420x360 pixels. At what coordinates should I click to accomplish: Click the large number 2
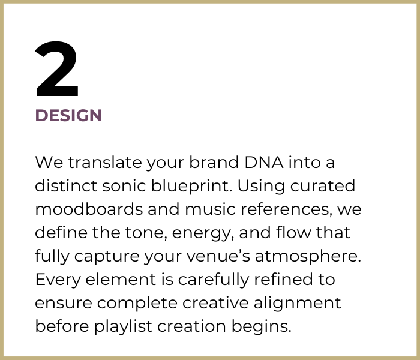57,71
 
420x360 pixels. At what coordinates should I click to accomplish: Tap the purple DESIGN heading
68,115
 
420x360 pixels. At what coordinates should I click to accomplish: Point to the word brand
210,163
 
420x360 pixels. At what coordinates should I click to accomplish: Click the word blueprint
192,186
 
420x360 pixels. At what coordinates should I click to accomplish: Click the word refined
284,280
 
